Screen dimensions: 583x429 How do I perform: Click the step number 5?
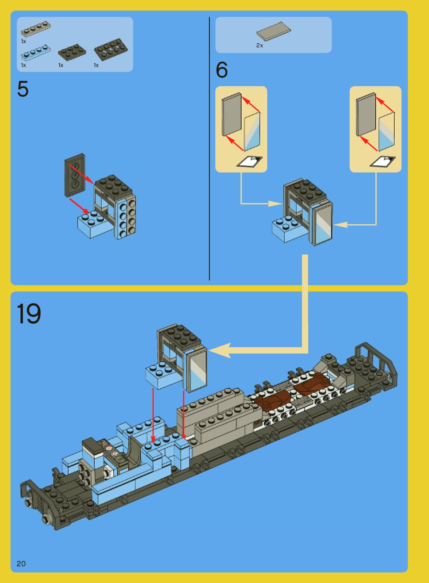coord(23,89)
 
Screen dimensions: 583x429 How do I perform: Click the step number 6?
coord(222,70)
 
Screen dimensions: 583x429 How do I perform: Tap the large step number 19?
coord(29,314)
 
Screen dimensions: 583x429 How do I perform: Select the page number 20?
coord(21,564)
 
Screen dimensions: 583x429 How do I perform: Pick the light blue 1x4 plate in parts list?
coord(36,52)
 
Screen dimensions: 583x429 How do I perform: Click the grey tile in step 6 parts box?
coord(273,31)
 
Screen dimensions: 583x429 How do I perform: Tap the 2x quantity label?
coord(259,45)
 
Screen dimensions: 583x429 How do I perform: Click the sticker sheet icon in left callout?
coord(249,162)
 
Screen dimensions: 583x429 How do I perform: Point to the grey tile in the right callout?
coord(366,115)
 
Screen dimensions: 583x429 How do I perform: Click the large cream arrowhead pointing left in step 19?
coord(220,350)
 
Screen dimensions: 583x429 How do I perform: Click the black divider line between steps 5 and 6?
coord(209,149)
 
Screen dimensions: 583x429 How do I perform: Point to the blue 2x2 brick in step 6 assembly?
coord(286,228)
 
